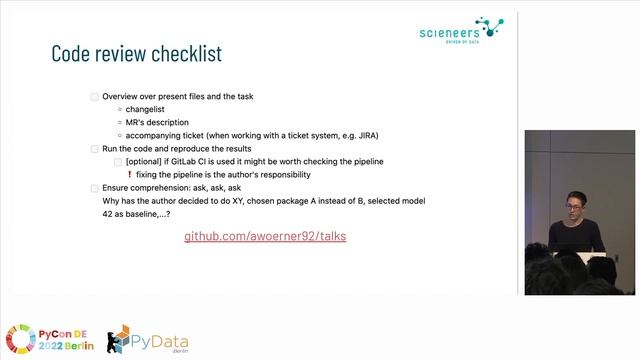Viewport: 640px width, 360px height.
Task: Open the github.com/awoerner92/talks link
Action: click(x=265, y=237)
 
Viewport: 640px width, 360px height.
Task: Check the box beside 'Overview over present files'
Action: click(x=95, y=96)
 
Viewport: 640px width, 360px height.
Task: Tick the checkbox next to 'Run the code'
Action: click(x=95, y=148)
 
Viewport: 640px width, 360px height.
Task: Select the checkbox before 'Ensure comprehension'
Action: click(x=95, y=187)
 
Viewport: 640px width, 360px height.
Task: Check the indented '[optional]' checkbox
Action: click(x=119, y=162)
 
